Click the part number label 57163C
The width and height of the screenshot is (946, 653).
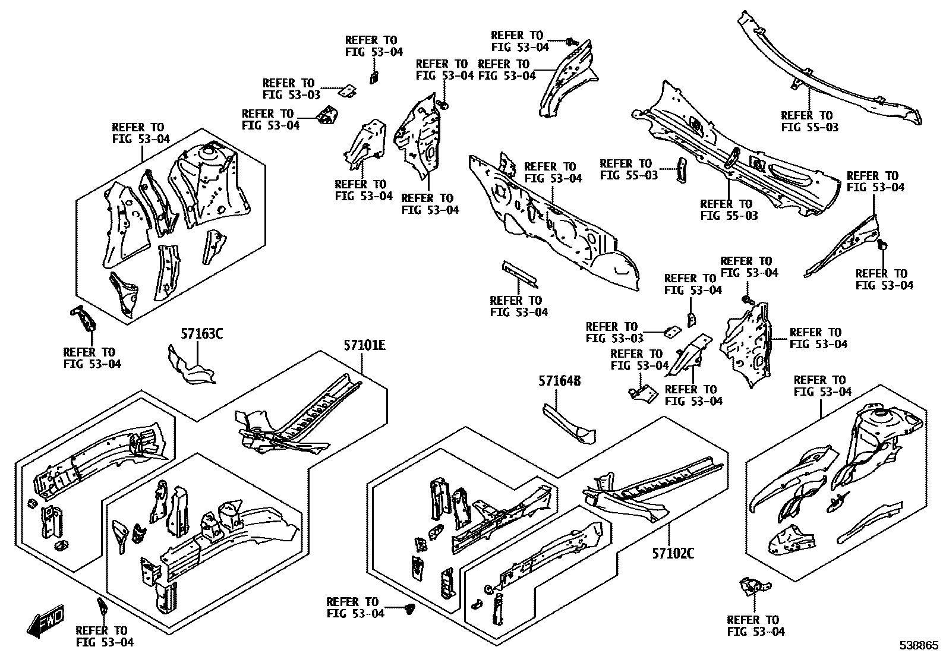(201, 334)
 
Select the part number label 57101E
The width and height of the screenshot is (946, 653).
(364, 345)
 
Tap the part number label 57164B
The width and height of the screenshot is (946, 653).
(559, 381)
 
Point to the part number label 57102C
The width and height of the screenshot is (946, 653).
(673, 554)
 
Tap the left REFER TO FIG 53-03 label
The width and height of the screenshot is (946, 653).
(291, 89)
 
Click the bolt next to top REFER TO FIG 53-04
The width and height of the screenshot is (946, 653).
(572, 42)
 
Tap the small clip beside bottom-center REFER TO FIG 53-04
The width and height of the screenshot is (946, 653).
(408, 608)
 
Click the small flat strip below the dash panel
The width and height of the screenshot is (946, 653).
(521, 273)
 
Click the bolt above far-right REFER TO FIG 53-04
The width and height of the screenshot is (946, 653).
(883, 244)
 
